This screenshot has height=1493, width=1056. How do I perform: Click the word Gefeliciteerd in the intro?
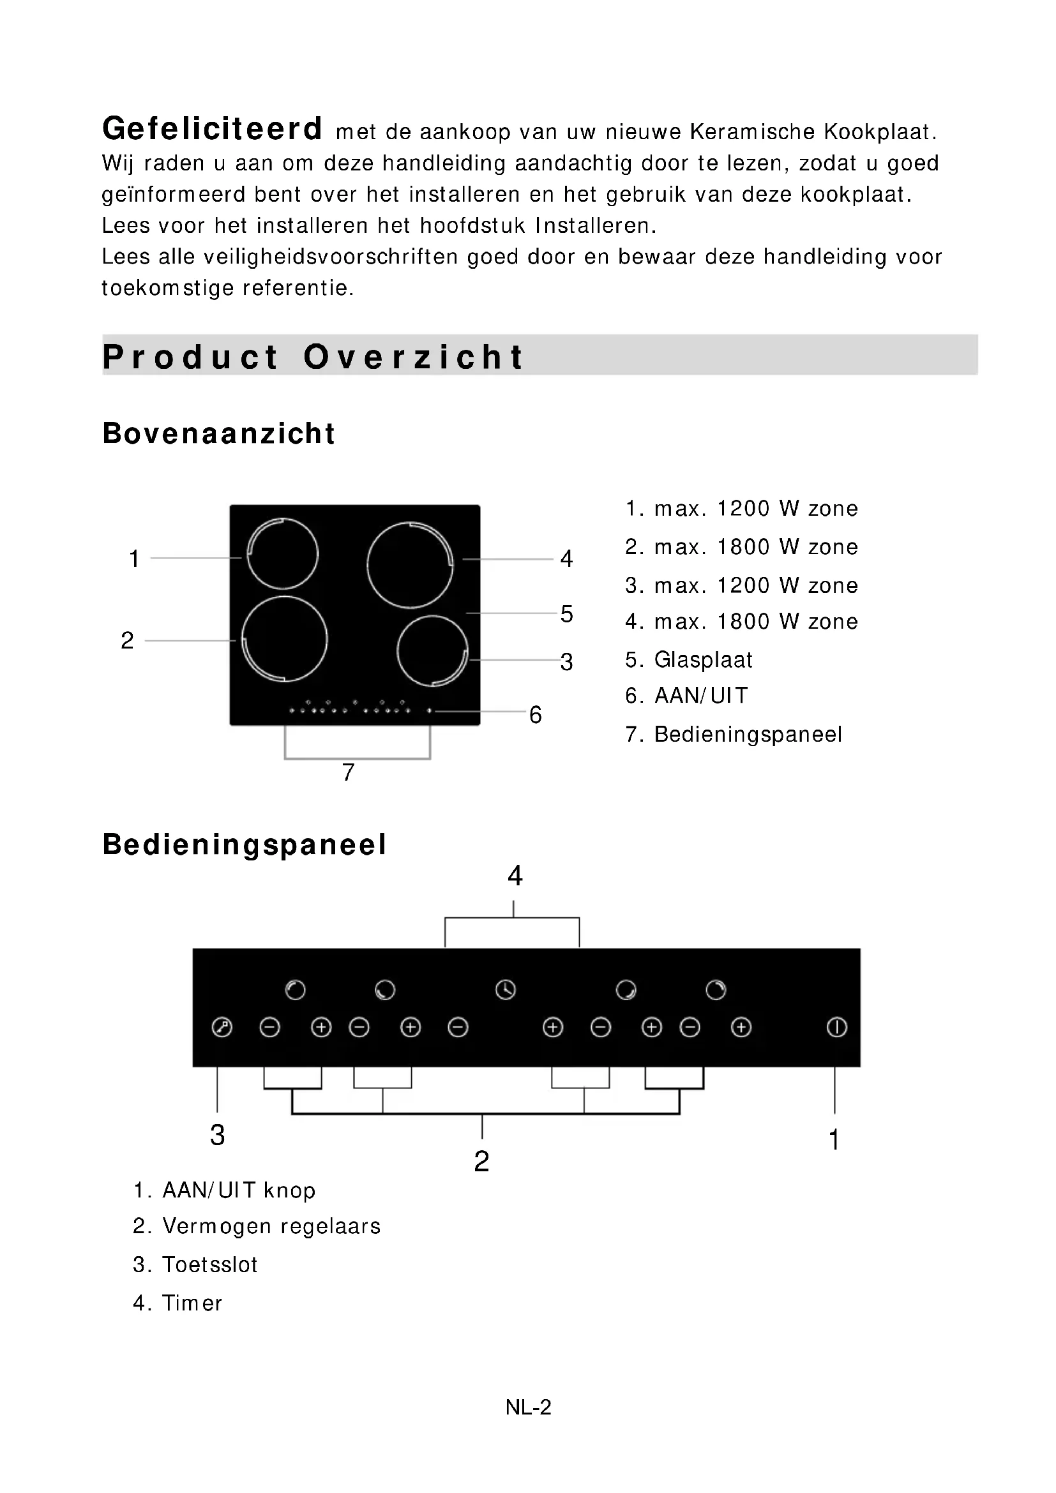point(212,129)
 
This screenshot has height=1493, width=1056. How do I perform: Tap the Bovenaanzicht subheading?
point(218,433)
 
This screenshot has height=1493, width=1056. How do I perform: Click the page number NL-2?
point(528,1407)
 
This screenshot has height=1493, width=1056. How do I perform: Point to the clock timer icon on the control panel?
point(505,990)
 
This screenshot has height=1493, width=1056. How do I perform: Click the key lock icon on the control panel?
point(222,1028)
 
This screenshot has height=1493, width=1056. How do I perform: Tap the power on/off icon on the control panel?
point(836,1028)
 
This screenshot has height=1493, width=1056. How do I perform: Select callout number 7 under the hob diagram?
point(349,772)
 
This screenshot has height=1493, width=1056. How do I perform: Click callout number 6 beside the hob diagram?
point(535,716)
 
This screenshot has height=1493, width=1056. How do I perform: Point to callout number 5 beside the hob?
point(566,614)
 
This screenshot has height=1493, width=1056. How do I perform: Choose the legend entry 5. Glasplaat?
point(689,660)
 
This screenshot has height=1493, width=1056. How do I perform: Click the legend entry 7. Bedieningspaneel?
point(734,735)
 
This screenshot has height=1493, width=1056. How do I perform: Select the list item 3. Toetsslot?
point(195,1264)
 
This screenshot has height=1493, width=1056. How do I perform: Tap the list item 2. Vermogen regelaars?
point(256,1226)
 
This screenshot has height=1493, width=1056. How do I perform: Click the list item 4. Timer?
point(177,1303)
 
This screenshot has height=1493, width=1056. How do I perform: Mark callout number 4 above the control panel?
point(515,876)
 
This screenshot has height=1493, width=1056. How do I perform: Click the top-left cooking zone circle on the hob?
point(283,554)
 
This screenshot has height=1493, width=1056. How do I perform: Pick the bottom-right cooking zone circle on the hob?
point(432,650)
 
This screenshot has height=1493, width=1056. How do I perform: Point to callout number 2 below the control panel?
point(481,1161)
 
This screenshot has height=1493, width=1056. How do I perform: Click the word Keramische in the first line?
point(752,132)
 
